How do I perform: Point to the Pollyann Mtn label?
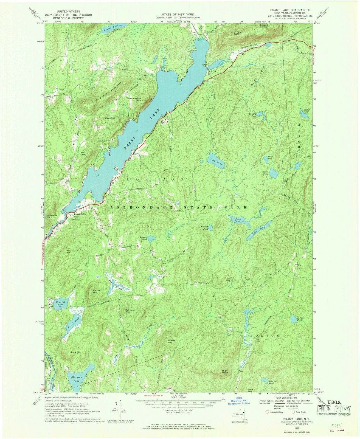(x=130, y=311)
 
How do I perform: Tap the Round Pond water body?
(x=273, y=173)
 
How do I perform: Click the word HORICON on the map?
(x=155, y=179)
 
